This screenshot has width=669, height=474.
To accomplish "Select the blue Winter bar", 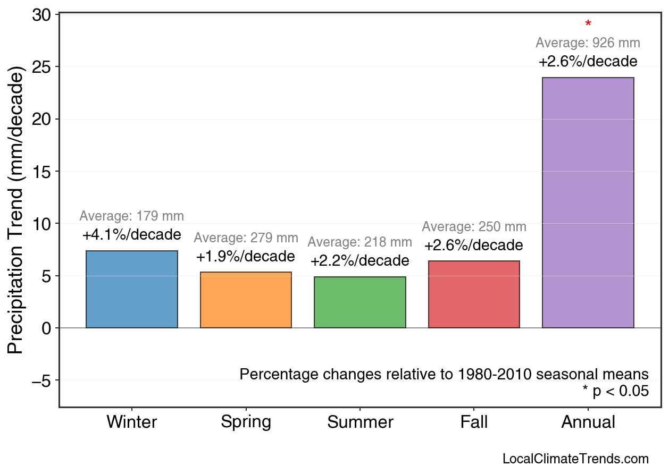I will [132, 290].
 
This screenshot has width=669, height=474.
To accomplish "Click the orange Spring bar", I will [246, 300].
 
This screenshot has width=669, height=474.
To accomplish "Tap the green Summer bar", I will [360, 302].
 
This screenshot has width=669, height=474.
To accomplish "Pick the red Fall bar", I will [474, 294].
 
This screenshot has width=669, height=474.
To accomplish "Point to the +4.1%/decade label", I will [132, 234].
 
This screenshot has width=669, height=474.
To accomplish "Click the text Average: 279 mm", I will [246, 238].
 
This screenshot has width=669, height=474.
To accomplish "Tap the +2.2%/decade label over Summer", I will [360, 261].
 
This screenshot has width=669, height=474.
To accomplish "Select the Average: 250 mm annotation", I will [474, 227].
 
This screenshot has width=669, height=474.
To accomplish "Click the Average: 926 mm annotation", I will [588, 43].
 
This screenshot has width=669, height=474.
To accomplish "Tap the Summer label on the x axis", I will [360, 422].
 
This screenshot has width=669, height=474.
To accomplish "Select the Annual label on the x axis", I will [588, 422].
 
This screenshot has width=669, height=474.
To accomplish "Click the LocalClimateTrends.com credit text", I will [575, 459].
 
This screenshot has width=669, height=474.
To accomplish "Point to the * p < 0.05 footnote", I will [615, 392].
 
